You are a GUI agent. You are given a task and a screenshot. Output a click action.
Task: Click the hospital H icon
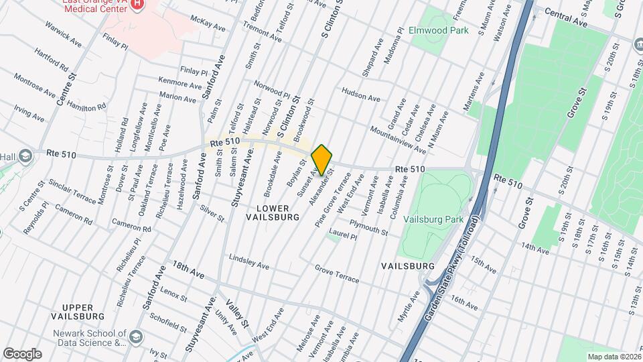pos(137,5)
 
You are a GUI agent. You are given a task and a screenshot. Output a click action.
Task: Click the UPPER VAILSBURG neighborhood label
pos(78,310)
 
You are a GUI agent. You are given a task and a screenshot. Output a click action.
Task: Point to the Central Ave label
pos(565,18)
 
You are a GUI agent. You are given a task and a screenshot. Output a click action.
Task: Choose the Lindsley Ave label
pos(249,261)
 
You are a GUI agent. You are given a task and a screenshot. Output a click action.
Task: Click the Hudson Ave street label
pos(361,94)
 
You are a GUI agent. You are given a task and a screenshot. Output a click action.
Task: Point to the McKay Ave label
pos(208,24)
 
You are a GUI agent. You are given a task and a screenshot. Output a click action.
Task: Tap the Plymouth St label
pos(368,227)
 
